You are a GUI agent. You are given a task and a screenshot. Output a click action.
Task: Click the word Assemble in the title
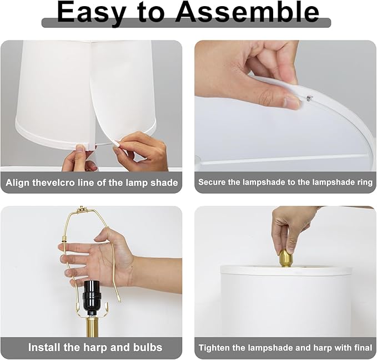247,13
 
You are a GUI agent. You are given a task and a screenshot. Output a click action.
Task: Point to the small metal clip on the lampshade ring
309,98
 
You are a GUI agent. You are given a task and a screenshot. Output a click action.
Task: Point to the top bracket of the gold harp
82,210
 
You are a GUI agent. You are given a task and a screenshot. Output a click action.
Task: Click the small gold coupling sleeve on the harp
64,240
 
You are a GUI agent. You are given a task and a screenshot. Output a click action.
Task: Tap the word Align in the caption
18,182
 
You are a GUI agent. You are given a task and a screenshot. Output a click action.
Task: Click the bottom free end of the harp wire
120,301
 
